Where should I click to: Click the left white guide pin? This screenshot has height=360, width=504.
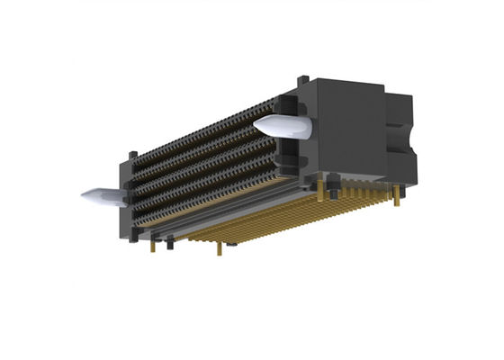pos(103,195)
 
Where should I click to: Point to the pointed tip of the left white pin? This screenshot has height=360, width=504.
pos(84,193)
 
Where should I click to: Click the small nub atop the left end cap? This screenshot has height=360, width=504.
pos(133,155)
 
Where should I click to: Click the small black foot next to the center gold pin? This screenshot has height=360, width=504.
pos(232,242)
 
